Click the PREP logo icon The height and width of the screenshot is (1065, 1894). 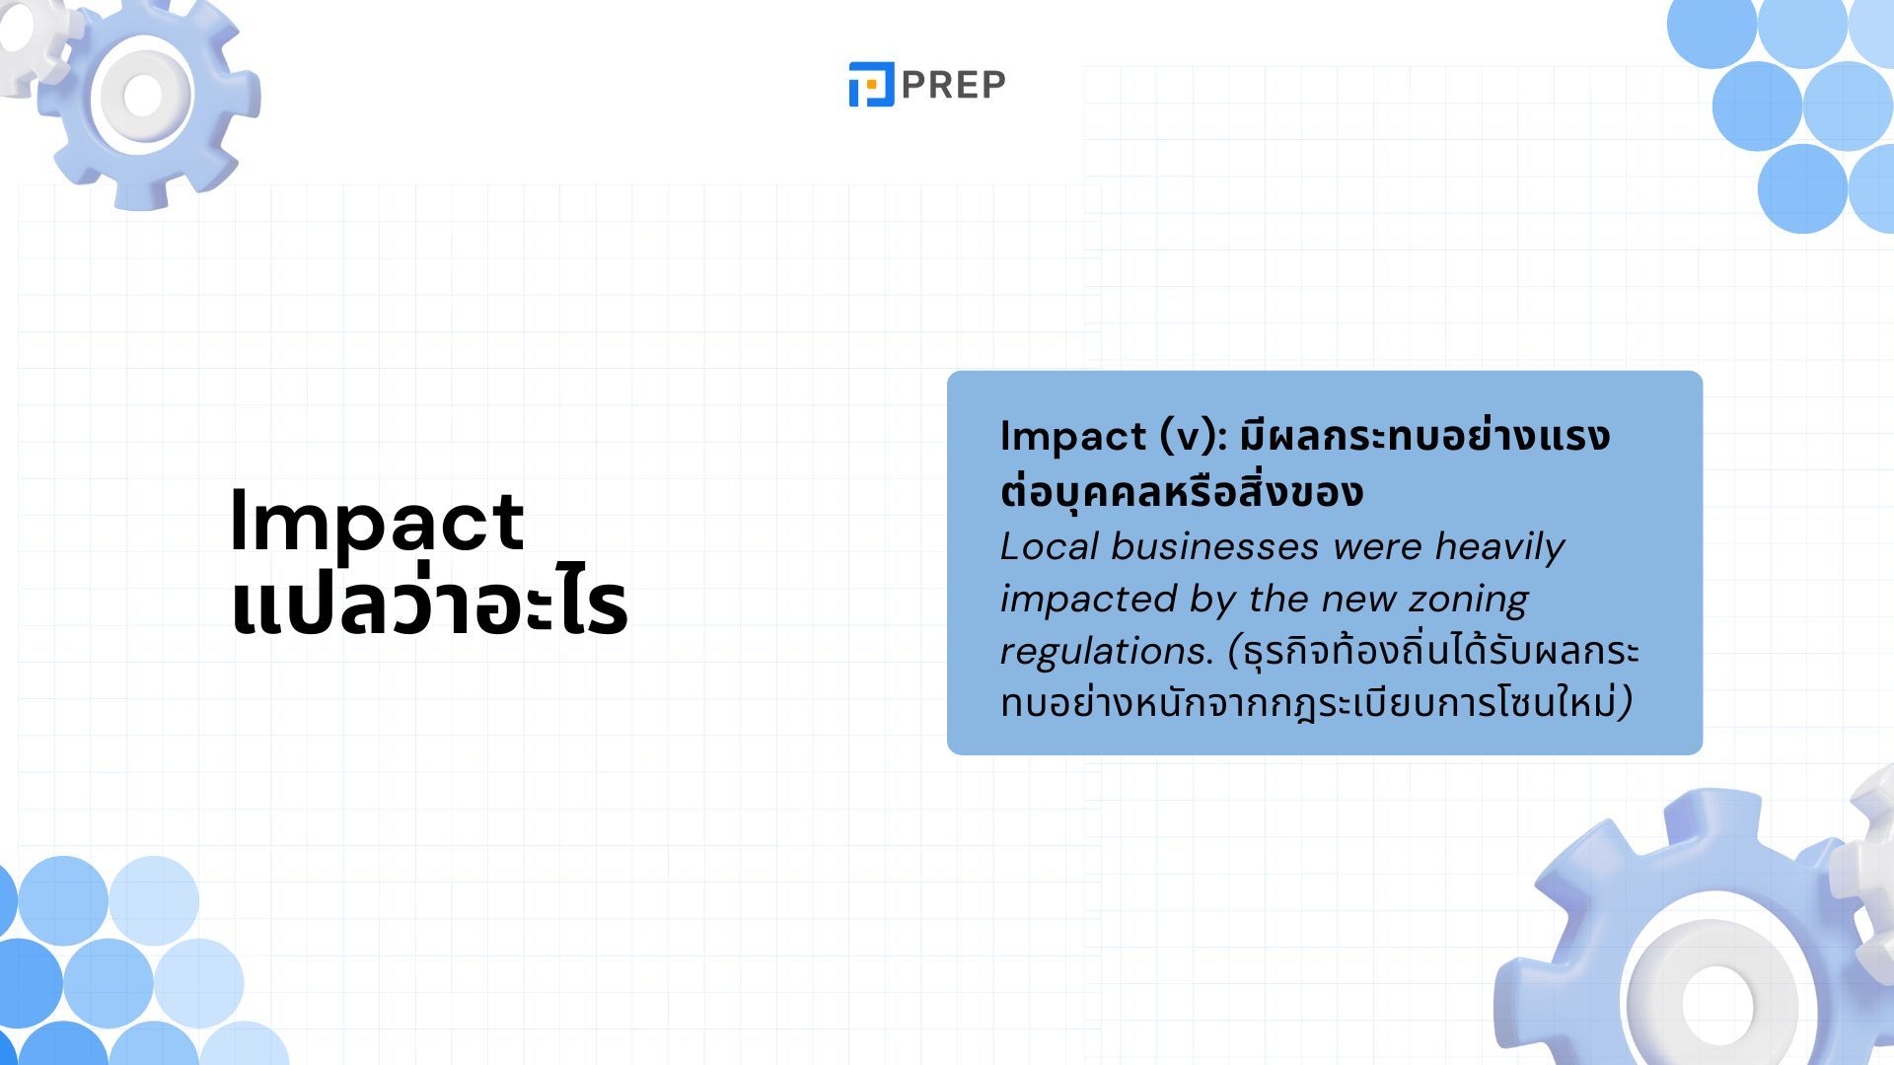(871, 84)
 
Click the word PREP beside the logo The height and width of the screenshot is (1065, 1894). (953, 85)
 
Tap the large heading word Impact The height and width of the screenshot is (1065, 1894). (377, 522)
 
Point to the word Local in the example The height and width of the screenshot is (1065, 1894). (1049, 546)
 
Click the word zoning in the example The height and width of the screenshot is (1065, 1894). (1468, 600)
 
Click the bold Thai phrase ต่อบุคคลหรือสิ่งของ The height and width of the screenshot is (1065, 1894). (1182, 490)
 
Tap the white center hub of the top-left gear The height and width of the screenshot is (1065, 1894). (143, 96)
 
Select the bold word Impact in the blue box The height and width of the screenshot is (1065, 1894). (1072, 437)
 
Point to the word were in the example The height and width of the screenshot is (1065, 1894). (1376, 547)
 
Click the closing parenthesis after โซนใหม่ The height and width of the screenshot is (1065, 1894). (1626, 703)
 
